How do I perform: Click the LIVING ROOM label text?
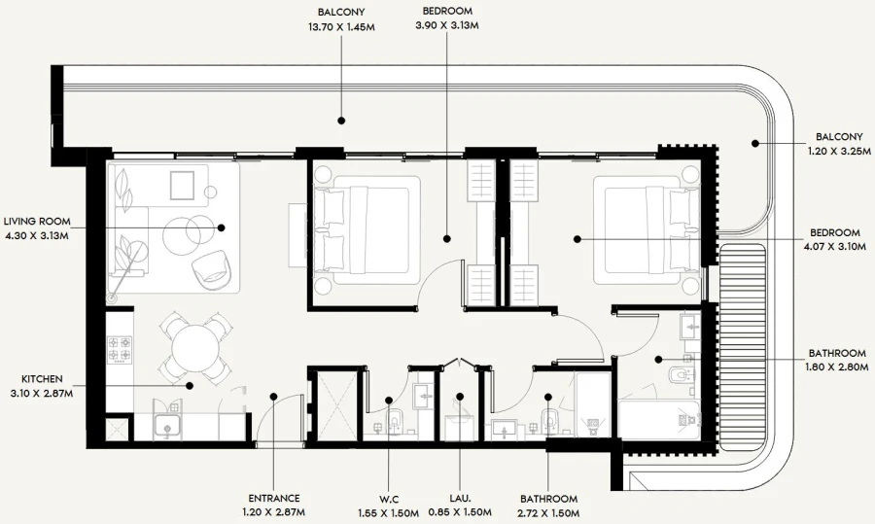(36, 221)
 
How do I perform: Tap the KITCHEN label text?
(43, 378)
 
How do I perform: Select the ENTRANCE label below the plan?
(273, 498)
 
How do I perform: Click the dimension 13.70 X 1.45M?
(339, 26)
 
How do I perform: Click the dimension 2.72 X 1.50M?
(548, 512)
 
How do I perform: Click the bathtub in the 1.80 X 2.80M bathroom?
(660, 419)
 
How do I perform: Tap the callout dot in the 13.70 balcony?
(341, 121)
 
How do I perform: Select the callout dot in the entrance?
(274, 396)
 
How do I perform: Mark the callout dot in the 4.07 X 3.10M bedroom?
(576, 238)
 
